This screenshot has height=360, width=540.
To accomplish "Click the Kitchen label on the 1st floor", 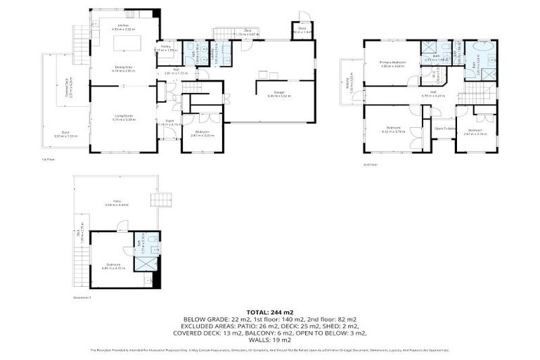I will click(123, 25).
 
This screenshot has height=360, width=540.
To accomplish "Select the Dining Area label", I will click(124, 68).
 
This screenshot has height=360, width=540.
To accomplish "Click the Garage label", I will click(274, 93).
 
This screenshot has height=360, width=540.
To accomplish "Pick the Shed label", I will click(302, 28).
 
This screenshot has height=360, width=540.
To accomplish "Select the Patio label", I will click(117, 204).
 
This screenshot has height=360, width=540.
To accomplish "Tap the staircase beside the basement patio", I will click(165, 200).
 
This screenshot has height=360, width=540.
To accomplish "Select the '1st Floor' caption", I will click(48, 159).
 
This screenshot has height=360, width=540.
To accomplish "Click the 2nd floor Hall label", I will click(434, 94).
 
